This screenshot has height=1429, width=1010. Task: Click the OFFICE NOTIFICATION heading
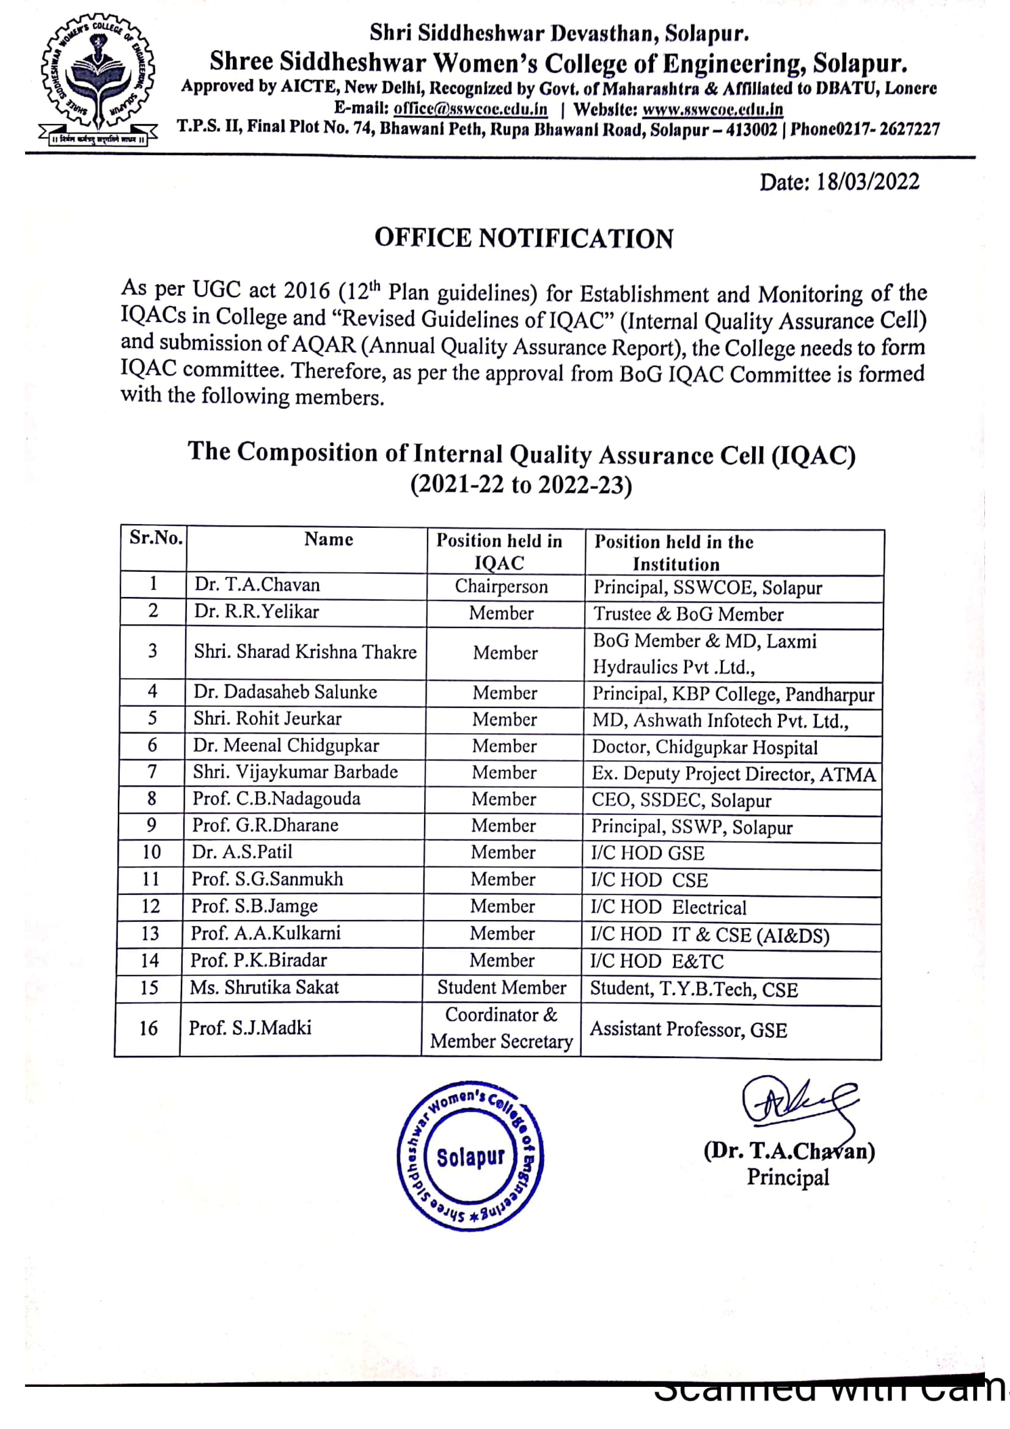pyautogui.click(x=524, y=238)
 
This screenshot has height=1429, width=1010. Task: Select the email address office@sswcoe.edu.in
pyautogui.click(x=470, y=109)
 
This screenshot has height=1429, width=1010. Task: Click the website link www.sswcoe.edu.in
pyautogui.click(x=712, y=110)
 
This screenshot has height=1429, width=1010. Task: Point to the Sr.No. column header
pyautogui.click(x=156, y=538)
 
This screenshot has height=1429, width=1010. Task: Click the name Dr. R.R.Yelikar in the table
pyautogui.click(x=257, y=612)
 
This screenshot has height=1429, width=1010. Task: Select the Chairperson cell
pyautogui.click(x=501, y=587)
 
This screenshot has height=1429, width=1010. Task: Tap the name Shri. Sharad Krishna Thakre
pyautogui.click(x=305, y=652)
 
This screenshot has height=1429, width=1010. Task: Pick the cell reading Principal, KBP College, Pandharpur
pyautogui.click(x=733, y=694)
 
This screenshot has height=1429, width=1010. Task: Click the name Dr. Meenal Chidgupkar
pyautogui.click(x=285, y=745)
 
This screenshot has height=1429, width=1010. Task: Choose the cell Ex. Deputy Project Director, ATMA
pyautogui.click(x=733, y=774)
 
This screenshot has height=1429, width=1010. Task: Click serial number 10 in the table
pyautogui.click(x=151, y=852)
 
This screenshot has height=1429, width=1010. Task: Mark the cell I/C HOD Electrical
pyautogui.click(x=668, y=907)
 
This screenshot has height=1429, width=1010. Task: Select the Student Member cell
pyautogui.click(x=502, y=988)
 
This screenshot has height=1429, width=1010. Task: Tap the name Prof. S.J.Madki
pyautogui.click(x=250, y=1028)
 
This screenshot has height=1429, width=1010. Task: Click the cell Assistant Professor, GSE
pyautogui.click(x=688, y=1030)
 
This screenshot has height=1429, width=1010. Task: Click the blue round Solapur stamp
pyautogui.click(x=470, y=1155)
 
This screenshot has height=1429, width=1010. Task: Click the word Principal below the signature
pyautogui.click(x=788, y=1177)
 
